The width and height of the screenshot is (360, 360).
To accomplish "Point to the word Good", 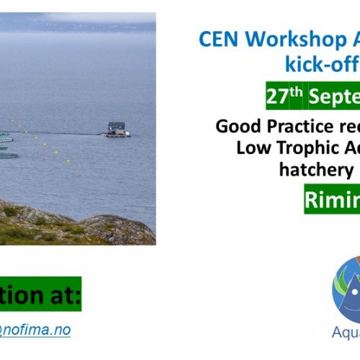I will pos(235,127).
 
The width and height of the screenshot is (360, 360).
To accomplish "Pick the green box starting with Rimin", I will pos(331,199).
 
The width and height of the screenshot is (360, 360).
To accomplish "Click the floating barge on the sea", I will pos(117,130).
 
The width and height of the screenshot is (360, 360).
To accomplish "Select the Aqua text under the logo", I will pos(346,333).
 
